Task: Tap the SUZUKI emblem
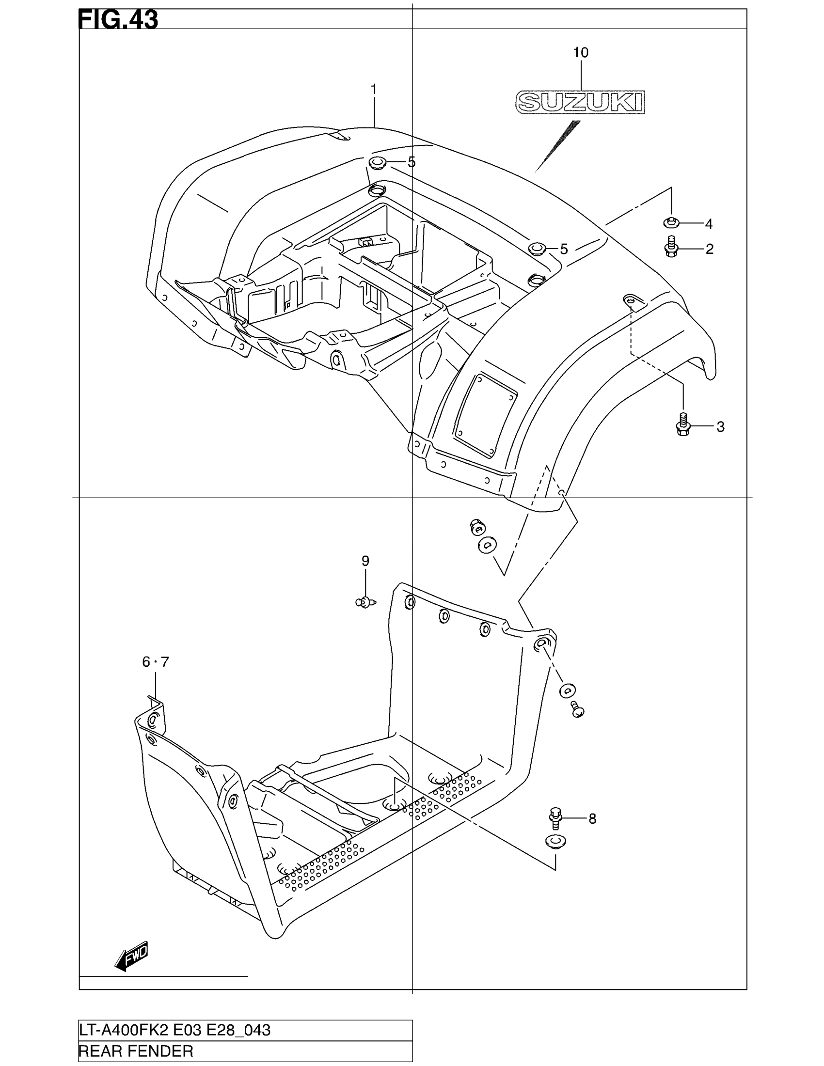click(x=580, y=102)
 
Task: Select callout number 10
click(x=580, y=53)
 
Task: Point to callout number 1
click(x=373, y=90)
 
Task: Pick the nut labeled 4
click(x=671, y=222)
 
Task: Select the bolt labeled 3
click(x=683, y=424)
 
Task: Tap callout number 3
click(x=720, y=427)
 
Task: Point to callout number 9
click(x=365, y=561)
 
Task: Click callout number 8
click(x=592, y=818)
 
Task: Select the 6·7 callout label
click(x=155, y=662)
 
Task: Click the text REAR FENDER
click(x=136, y=1051)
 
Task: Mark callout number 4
click(x=709, y=224)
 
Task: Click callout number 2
click(x=709, y=249)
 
